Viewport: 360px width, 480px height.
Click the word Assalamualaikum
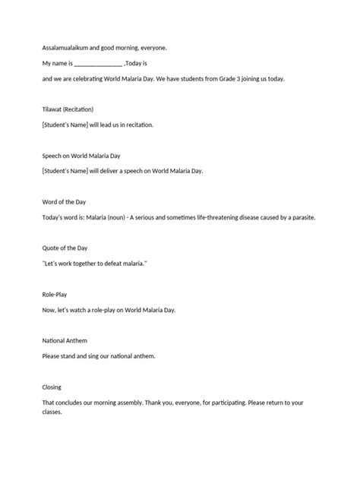[66, 48]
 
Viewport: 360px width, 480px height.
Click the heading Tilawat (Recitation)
[68, 109]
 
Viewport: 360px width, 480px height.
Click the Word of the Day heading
[66, 202]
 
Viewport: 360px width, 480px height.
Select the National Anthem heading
[65, 340]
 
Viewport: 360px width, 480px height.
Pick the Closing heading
[52, 387]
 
